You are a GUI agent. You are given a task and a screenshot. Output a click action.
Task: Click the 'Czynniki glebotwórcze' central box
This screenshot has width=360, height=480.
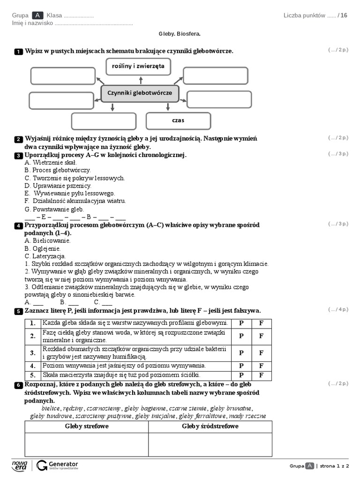coord(140,93)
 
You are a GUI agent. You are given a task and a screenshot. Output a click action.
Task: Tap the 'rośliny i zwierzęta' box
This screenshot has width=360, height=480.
coord(138,67)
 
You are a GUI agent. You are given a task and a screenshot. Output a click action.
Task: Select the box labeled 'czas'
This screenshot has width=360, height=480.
coord(178,120)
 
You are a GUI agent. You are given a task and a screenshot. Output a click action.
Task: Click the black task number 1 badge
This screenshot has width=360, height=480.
coord(18,52)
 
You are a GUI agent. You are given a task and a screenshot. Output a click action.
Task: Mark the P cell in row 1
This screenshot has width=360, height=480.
coord(241,323)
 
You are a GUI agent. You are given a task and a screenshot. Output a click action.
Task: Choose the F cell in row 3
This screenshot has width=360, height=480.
coord(262,353)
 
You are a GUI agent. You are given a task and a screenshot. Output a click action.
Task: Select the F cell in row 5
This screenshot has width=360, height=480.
coord(262,375)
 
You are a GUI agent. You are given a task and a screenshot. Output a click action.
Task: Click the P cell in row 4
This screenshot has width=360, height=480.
coord(241,366)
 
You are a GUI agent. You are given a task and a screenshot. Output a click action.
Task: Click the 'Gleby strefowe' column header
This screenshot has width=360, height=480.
coord(87,427)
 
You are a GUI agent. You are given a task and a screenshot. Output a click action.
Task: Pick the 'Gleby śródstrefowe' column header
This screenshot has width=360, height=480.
coord(210,427)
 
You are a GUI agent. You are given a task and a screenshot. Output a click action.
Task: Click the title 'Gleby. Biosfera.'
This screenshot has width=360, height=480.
coord(180,34)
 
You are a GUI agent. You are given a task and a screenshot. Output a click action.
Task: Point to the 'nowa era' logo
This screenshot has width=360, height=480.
coord(20,465)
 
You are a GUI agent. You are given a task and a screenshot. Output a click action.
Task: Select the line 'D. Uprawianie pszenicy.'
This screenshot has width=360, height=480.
coord(58,186)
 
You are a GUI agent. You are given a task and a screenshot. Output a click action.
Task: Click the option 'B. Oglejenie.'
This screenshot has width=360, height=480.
coord(43,248)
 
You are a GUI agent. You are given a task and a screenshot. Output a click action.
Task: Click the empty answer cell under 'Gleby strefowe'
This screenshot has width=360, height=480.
coord(87,444)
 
